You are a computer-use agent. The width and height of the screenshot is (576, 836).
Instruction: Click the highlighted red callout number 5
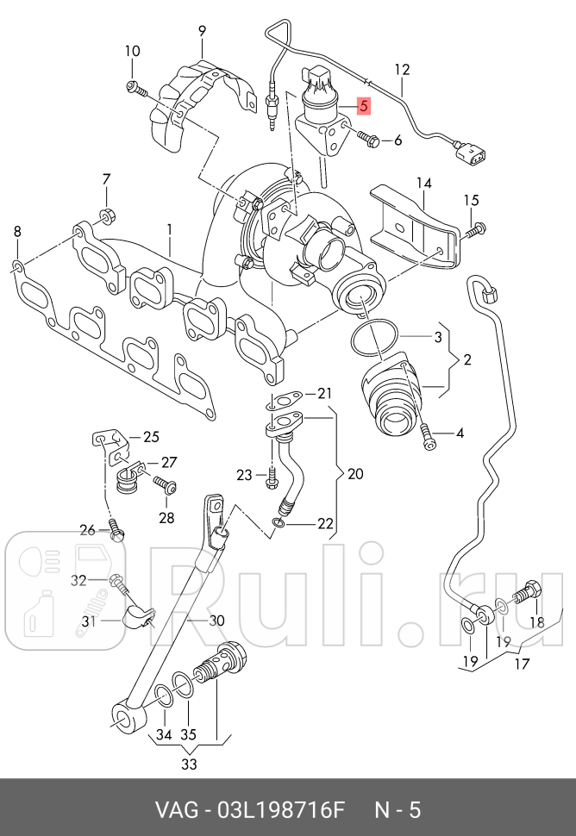pyautogui.click(x=364, y=107)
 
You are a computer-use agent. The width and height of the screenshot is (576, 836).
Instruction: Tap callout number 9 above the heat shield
pyautogui.click(x=202, y=31)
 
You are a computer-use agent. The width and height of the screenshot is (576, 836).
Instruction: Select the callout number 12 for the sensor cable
pyautogui.click(x=402, y=69)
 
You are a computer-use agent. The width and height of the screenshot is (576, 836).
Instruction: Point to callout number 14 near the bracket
pyautogui.click(x=424, y=183)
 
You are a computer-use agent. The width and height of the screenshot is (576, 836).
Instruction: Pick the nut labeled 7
pyautogui.click(x=108, y=215)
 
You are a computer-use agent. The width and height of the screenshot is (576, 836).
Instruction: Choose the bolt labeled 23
pyautogui.click(x=272, y=474)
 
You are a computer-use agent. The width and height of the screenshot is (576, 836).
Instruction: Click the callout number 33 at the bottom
pyautogui.click(x=189, y=764)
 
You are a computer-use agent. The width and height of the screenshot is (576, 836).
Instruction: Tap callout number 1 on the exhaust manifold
pyautogui.click(x=170, y=230)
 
